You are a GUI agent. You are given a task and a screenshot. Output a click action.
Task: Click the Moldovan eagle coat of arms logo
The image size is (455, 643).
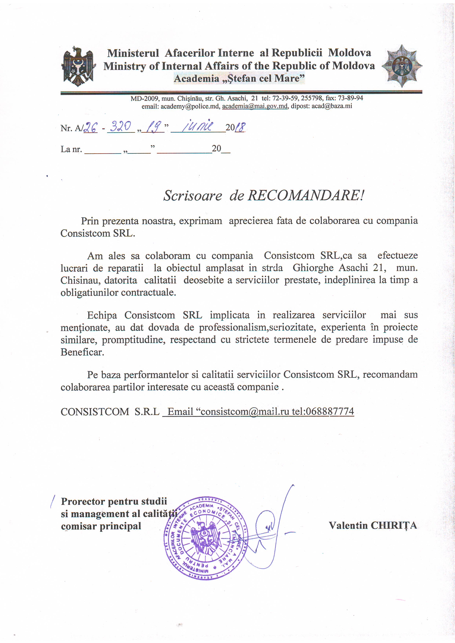(x=78, y=66)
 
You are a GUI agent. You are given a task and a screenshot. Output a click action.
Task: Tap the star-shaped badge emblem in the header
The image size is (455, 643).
(x=402, y=66)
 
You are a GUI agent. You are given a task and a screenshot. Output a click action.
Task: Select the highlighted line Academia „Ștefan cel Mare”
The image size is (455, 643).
(x=239, y=78)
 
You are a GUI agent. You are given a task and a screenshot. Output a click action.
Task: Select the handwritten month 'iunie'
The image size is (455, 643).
(x=198, y=127)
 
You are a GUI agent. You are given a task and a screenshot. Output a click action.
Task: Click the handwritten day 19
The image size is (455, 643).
(x=153, y=128)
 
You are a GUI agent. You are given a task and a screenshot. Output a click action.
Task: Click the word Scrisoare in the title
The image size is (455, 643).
(x=193, y=195)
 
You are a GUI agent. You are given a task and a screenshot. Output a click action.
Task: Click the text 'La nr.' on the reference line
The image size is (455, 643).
(x=71, y=149)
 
